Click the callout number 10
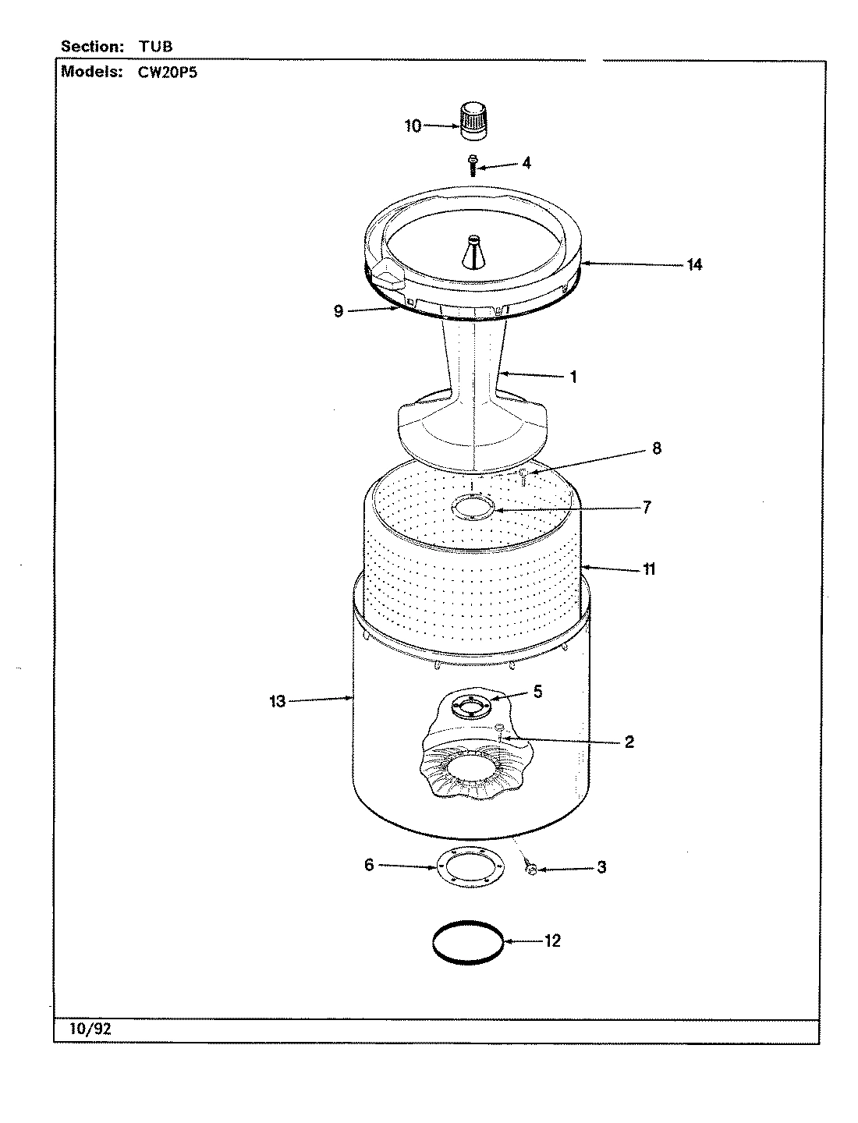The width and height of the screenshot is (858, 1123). tap(413, 126)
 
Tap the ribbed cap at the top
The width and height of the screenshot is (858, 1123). tap(470, 122)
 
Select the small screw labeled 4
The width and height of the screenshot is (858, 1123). tap(472, 165)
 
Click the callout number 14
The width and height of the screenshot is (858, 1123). tap(694, 264)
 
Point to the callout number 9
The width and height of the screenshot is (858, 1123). tap(338, 311)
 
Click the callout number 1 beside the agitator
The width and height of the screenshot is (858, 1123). tap(573, 377)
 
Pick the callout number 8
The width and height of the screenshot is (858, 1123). tap(657, 448)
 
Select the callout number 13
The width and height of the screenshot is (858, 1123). tap(278, 701)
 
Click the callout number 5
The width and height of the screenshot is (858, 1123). tap(537, 691)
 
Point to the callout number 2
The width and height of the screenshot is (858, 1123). tap(629, 741)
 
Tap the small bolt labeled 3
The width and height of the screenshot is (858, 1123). tap(530, 868)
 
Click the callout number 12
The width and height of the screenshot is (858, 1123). tap(551, 941)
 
